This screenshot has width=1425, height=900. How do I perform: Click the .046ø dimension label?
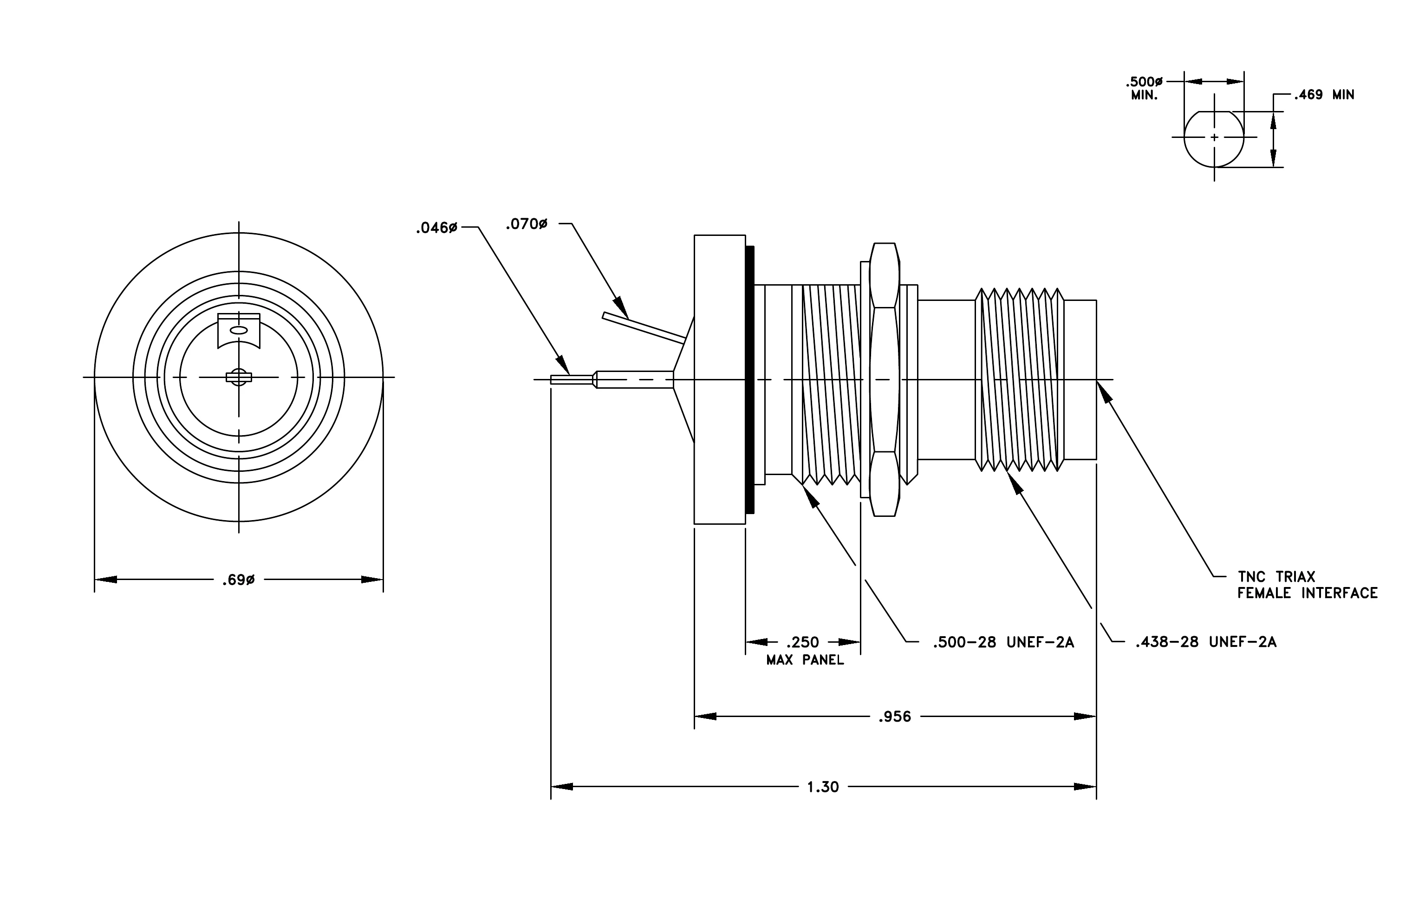point(437,228)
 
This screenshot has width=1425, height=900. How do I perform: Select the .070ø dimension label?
point(526,224)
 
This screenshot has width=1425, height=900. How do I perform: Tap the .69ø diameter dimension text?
point(239,580)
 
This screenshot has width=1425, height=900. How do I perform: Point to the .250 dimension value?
point(802,642)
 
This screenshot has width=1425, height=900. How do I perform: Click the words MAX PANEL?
point(805,660)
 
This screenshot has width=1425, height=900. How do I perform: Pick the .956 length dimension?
point(895,717)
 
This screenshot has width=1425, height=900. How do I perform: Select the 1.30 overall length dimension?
point(823,787)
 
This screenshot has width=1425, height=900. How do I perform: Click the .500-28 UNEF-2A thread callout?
point(1003,642)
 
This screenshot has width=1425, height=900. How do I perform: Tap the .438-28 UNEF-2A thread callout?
point(1206,642)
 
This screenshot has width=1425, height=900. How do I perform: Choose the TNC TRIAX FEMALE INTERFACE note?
point(1307,585)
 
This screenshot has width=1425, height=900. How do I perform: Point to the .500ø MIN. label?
point(1145,88)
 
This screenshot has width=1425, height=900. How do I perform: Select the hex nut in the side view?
point(885,379)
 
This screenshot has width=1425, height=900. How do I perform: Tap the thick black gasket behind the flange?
point(750,379)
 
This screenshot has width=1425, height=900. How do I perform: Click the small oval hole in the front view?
point(239,330)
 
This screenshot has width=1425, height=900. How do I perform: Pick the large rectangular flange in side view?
point(720,379)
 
